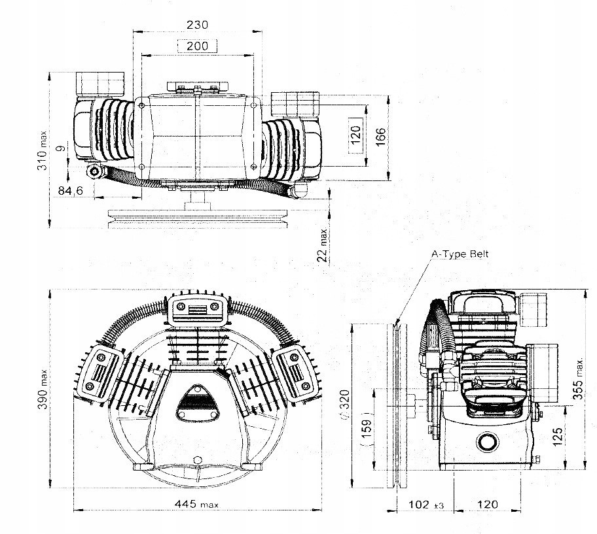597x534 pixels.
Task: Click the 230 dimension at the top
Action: (197, 25)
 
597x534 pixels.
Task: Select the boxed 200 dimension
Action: (197, 46)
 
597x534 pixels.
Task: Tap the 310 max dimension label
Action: (43, 150)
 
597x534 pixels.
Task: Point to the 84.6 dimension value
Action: (71, 190)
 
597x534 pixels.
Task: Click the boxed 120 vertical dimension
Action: (355, 135)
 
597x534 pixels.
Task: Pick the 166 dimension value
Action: (380, 137)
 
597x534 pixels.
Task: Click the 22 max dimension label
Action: (323, 245)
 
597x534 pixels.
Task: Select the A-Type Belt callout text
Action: (460, 254)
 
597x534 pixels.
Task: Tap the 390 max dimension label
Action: (43, 389)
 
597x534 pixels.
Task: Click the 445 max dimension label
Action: (196, 505)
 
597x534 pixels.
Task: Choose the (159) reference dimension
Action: (366, 429)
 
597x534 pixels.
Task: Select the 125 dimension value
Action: (557, 437)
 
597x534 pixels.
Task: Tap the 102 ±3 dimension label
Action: (426, 505)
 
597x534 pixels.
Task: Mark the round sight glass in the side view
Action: (487, 442)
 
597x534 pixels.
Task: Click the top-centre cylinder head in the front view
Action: (198, 310)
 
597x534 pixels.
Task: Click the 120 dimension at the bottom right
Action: (487, 505)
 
